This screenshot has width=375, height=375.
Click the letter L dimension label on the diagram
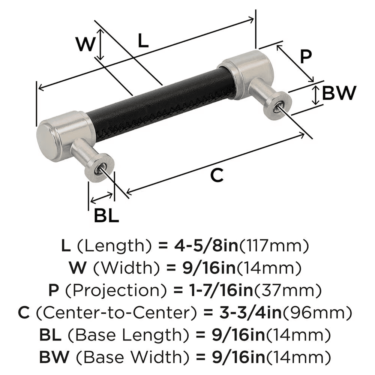pos(143,40)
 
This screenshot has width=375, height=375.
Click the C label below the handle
pos(217,175)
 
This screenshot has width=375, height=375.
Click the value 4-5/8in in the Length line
pos(204,246)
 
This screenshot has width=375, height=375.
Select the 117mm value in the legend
pos(274,246)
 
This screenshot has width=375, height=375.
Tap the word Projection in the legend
pos(105,290)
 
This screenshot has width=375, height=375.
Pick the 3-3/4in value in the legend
pos(238,312)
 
